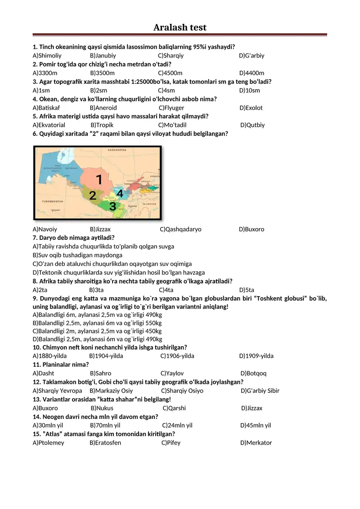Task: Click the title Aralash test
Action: pyautogui.click(x=180, y=27)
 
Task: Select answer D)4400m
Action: pyautogui.click(x=252, y=73)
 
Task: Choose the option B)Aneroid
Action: pyautogui.click(x=103, y=108)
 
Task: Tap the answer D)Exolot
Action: pyautogui.click(x=251, y=108)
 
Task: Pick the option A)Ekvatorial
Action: pyautogui.click(x=49, y=125)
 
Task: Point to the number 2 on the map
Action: pyautogui.click(x=93, y=196)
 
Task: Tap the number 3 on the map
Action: pyautogui.click(x=112, y=207)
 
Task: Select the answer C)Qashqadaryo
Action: pyautogui.click(x=180, y=230)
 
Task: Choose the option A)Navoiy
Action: pyautogui.click(x=45, y=230)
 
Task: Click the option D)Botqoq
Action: pyautogui.click(x=253, y=374)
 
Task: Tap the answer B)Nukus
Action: pyautogui.click(x=102, y=408)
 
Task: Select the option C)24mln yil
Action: pyautogui.click(x=177, y=425)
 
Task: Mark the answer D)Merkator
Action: pyautogui.click(x=256, y=443)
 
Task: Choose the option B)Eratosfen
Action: pyautogui.click(x=105, y=443)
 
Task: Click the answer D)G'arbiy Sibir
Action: pyautogui.click(x=260, y=391)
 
